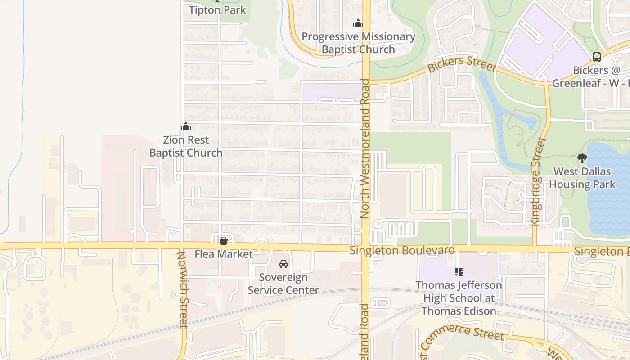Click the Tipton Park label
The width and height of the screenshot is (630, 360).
point(217,10)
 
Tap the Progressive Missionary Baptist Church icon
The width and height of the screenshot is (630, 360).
point(358,23)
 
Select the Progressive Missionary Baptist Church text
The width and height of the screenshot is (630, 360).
point(358,43)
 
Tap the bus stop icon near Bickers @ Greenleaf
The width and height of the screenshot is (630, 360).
point(597,57)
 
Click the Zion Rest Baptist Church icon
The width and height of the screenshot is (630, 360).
point(186,126)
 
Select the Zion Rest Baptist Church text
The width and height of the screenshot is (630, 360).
point(186,147)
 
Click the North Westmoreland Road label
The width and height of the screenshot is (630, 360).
point(364,149)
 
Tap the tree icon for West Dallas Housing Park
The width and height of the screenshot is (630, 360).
point(582,158)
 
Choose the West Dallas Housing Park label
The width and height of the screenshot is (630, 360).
point(582,178)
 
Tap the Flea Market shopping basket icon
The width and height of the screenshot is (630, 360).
point(224,241)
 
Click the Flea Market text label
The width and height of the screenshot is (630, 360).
point(224,254)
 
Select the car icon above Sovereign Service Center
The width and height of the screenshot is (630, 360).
point(283,264)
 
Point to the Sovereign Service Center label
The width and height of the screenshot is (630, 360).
point(283,284)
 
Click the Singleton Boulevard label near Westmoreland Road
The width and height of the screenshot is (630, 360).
point(402,250)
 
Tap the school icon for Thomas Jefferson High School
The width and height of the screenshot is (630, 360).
point(459,271)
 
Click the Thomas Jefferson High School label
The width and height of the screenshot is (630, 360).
point(459,298)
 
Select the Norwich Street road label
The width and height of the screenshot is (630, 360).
point(182,290)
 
